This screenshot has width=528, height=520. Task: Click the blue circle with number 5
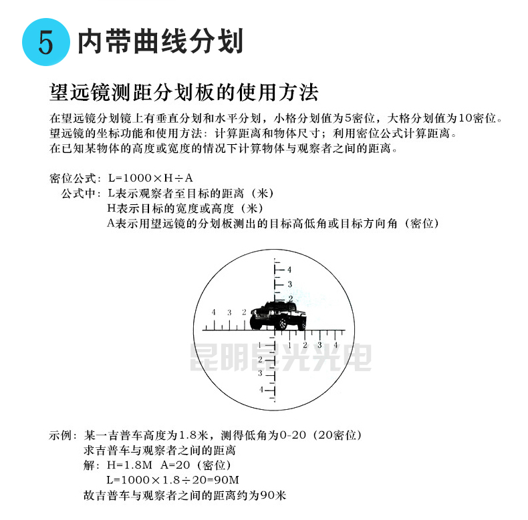pyautogui.click(x=45, y=42)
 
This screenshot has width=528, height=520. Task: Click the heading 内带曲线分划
pyautogui.click(x=160, y=41)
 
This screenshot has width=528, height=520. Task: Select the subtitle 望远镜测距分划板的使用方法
pyautogui.click(x=184, y=91)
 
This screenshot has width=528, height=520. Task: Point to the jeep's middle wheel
pyautogui.click(x=283, y=324)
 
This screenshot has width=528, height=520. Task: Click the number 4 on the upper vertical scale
pyautogui.click(x=290, y=270)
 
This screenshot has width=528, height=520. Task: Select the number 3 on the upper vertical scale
pyautogui.click(x=290, y=284)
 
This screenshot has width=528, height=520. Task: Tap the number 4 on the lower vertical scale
pyautogui.click(x=261, y=388)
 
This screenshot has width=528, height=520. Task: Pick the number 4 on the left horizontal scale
pyautogui.click(x=213, y=312)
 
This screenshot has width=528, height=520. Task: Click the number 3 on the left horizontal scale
pyautogui.click(x=229, y=312)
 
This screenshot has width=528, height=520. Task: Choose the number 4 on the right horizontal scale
pyautogui.click(x=336, y=344)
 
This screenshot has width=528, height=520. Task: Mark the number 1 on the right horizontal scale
pyautogui.click(x=289, y=344)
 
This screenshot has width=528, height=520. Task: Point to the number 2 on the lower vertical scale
pyautogui.click(x=261, y=359)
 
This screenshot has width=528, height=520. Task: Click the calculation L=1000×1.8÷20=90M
pyautogui.click(x=172, y=481)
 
